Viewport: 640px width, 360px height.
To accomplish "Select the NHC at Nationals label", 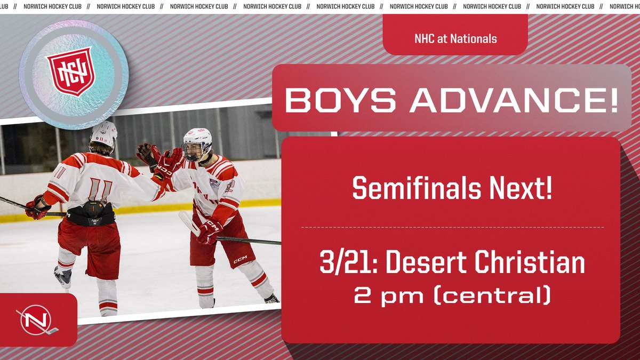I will pos(455,38).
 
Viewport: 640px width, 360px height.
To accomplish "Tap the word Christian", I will pos(528,264).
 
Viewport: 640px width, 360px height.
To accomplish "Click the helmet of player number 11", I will pos(104,133).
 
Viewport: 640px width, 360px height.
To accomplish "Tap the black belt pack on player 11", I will pos(91,213).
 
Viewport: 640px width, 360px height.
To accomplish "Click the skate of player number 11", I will pos(63,276).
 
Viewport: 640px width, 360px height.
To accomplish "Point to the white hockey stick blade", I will pos(188,222).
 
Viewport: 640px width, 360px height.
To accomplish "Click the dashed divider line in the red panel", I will pos(452,227).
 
